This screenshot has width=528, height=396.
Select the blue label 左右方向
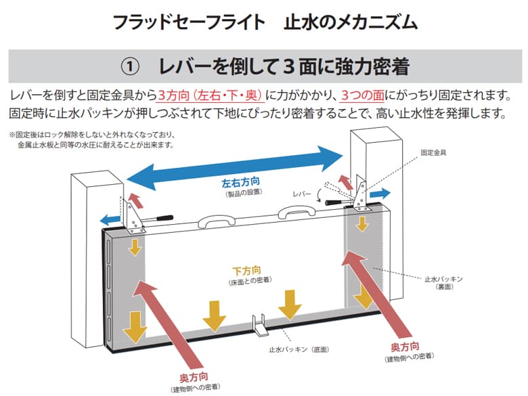pyautogui.click(x=241, y=183)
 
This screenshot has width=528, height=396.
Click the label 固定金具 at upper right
pyautogui.click(x=433, y=153)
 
